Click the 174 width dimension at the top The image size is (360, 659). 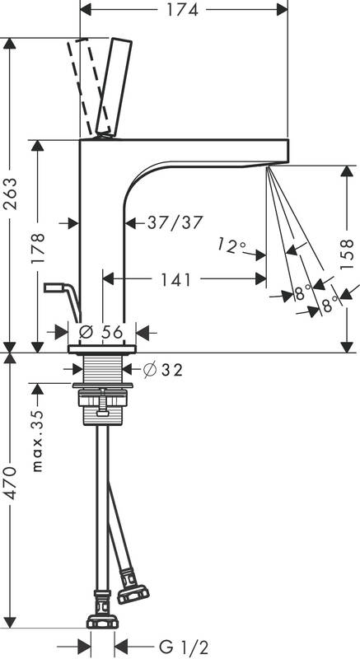click(182, 10)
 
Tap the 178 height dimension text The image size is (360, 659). click(37, 248)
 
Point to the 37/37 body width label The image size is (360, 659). click(175, 222)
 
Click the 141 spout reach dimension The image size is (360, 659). click(176, 279)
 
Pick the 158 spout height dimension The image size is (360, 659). click(347, 255)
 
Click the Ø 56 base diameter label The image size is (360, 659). click(101, 332)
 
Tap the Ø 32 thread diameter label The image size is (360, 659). click(163, 370)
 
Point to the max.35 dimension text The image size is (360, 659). click(38, 441)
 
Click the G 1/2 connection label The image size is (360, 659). click(184, 647)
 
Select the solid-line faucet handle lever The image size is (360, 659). click(114, 87)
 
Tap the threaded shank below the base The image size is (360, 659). click(103, 369)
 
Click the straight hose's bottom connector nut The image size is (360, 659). click(102, 621)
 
